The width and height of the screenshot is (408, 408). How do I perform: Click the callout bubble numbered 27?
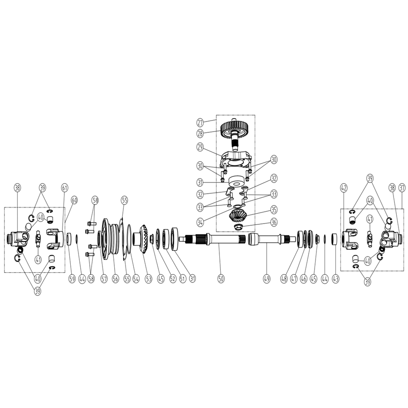point(200,122)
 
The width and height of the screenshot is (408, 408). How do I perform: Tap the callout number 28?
point(200,133)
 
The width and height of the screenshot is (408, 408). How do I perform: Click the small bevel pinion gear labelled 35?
point(238,217)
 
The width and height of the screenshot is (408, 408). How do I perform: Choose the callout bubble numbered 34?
point(200,223)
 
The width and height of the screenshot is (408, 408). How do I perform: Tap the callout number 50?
point(221,279)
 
